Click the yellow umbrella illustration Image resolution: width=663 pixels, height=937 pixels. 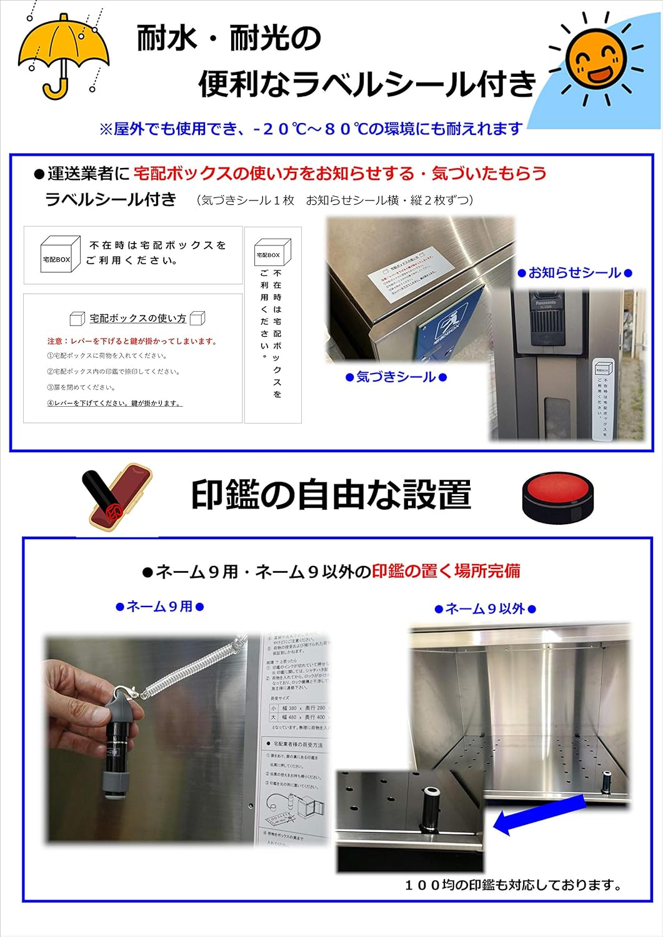pos(62,50)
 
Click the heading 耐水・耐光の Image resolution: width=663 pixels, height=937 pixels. pos(229,39)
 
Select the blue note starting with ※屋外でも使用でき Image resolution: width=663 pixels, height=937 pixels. pos(311,129)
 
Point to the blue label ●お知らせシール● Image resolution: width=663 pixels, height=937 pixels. pos(575,273)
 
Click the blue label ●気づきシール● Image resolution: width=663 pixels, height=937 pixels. pos(396,377)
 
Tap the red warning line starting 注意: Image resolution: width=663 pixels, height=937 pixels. pos(132,342)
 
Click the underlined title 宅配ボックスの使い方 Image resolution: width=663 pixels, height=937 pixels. pos(137,319)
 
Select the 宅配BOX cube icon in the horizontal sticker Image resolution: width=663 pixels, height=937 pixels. pos(60,254)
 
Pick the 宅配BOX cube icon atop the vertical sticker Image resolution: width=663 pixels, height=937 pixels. pos(272,252)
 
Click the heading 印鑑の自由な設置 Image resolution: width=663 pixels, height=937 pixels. pos(331,495)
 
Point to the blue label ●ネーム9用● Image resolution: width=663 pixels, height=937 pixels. pos(160,607)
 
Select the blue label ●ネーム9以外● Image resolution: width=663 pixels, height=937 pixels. pos(485,609)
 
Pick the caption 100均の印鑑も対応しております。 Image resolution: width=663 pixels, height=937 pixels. pos(513,885)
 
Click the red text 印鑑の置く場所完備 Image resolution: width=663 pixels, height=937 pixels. pos(446,571)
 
